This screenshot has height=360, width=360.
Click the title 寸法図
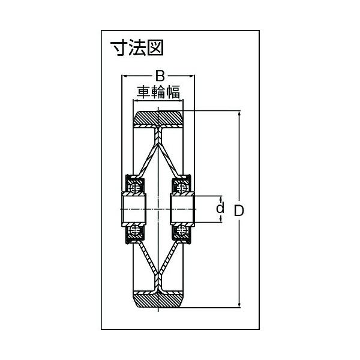(x=137, y=47)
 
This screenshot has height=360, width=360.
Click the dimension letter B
(x=160, y=76)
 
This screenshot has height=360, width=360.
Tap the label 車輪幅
(x=158, y=92)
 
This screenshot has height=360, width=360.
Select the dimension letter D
(x=239, y=211)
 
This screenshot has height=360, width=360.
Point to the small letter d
(x=220, y=208)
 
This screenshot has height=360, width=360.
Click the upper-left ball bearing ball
(x=135, y=188)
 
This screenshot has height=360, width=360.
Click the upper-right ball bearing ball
(x=182, y=188)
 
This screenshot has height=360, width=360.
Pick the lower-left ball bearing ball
(x=135, y=230)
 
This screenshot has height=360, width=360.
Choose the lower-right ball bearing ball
(x=182, y=230)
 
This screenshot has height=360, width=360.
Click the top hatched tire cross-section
(x=158, y=118)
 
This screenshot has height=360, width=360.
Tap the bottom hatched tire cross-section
(x=158, y=301)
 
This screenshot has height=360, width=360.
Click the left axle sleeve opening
(x=134, y=209)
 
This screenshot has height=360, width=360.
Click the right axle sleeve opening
(x=182, y=209)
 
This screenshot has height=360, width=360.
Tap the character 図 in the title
(x=155, y=47)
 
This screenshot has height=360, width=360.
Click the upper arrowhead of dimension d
(x=221, y=199)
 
